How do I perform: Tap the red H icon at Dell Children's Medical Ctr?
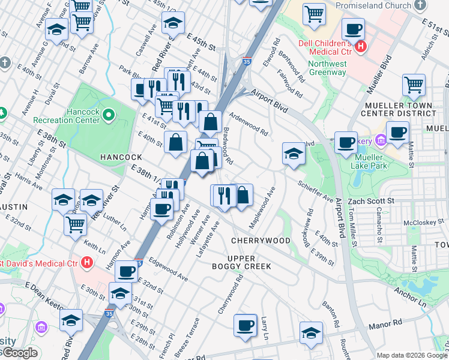360,46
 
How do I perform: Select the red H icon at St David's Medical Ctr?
88,262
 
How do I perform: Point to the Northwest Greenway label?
328,68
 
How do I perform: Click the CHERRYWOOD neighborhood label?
261,240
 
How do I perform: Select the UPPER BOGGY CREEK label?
241,262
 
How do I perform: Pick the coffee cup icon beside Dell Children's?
353,29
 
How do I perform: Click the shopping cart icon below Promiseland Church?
314,13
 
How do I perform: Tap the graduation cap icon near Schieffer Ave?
294,153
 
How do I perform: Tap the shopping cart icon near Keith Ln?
75,224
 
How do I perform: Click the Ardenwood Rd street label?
247,122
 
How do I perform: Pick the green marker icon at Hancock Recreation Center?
108,113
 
